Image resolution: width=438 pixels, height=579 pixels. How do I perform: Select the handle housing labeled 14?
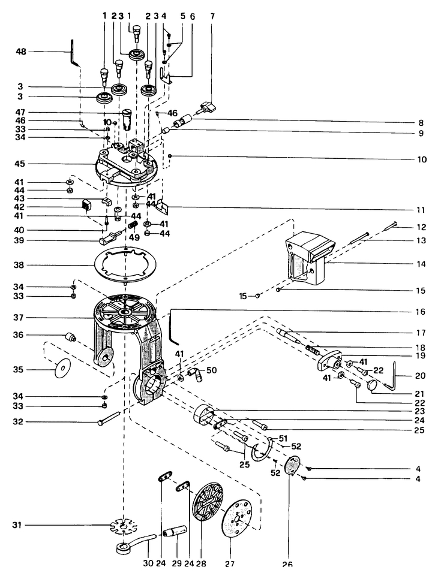(x=307, y=257)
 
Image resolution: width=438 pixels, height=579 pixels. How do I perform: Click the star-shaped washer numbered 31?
(x=121, y=527)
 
